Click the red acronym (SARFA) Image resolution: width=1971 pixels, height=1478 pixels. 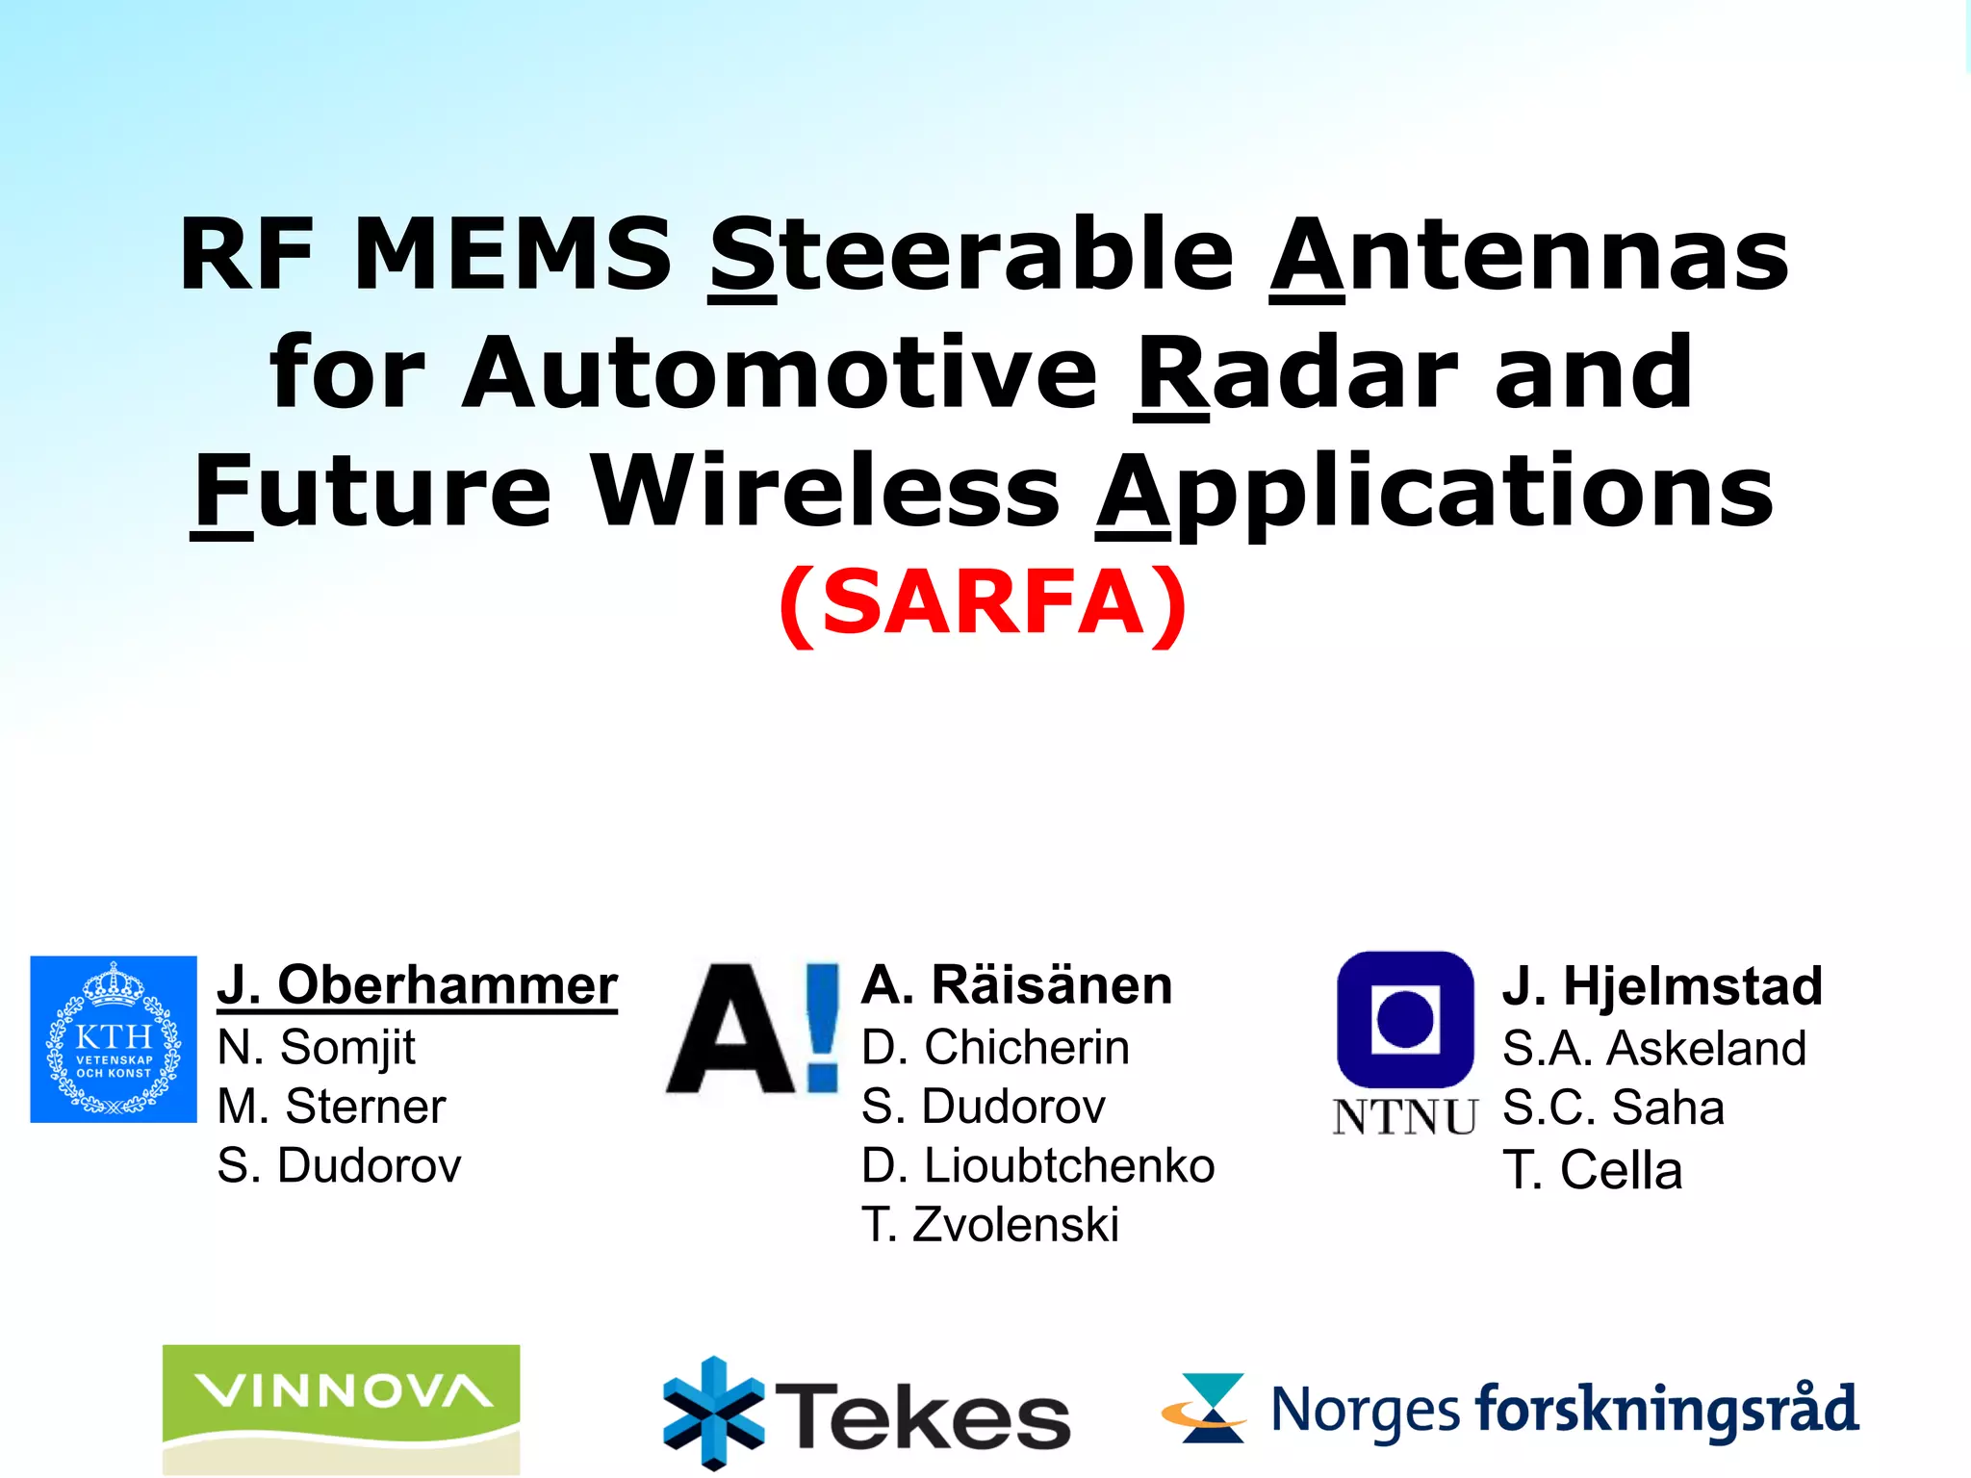click(x=983, y=603)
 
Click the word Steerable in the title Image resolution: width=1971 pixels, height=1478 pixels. click(x=972, y=255)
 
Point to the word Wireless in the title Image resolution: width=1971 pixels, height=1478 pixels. click(x=826, y=492)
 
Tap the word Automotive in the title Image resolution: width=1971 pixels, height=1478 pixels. click(x=780, y=373)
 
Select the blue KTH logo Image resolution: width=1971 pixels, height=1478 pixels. click(x=114, y=1039)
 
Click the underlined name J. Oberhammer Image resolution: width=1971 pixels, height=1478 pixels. click(x=417, y=985)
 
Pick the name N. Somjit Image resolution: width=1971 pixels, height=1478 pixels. click(x=317, y=1047)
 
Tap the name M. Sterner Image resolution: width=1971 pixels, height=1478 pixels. click(x=332, y=1107)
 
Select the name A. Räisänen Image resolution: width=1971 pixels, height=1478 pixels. click(x=1017, y=985)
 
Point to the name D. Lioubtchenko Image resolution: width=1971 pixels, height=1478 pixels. click(x=1038, y=1165)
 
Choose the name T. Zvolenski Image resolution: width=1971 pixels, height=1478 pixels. click(x=990, y=1225)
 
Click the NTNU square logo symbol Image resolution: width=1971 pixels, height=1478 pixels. click(x=1405, y=1019)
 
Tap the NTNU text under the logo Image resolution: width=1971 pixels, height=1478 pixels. click(x=1404, y=1117)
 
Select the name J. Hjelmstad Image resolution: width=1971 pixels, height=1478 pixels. click(x=1662, y=986)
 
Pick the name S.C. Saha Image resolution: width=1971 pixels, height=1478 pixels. click(x=1613, y=1108)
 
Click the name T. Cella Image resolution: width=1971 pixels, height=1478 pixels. click(x=1593, y=1170)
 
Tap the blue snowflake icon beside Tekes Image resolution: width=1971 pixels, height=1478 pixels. click(x=714, y=1413)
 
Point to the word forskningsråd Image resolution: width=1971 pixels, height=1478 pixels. click(x=1667, y=1411)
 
